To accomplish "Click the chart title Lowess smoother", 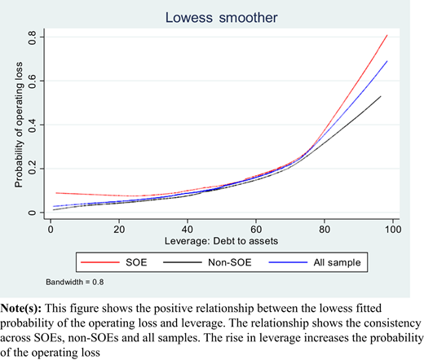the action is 221,18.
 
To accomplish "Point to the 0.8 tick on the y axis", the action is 32,37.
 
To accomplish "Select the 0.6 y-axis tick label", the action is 32,81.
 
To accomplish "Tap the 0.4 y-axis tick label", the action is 32,125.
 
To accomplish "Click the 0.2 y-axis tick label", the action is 32,169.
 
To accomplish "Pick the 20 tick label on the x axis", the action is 119,230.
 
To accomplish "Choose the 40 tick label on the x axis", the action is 188,230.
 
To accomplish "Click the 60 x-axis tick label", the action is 256,230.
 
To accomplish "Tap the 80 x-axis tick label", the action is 325,230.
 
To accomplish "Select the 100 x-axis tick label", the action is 393,230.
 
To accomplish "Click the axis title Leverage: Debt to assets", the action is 221,241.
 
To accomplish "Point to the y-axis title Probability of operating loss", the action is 19,125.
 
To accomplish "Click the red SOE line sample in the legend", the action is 100,262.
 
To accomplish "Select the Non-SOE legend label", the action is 230,262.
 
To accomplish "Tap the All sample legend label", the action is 337,262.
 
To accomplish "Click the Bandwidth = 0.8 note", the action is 75,282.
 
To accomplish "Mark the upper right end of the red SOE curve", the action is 386,35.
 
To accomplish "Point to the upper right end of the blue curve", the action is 386,61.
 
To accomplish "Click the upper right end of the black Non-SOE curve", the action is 381,96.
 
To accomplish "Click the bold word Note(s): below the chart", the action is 21,309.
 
